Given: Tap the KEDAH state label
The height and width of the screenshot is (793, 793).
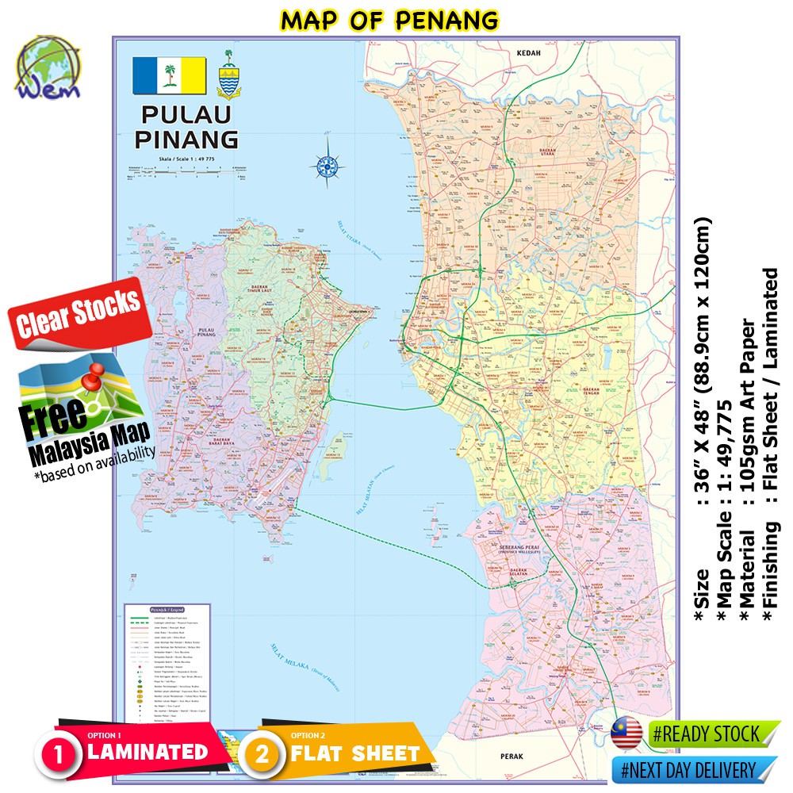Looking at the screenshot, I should coord(528,53).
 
